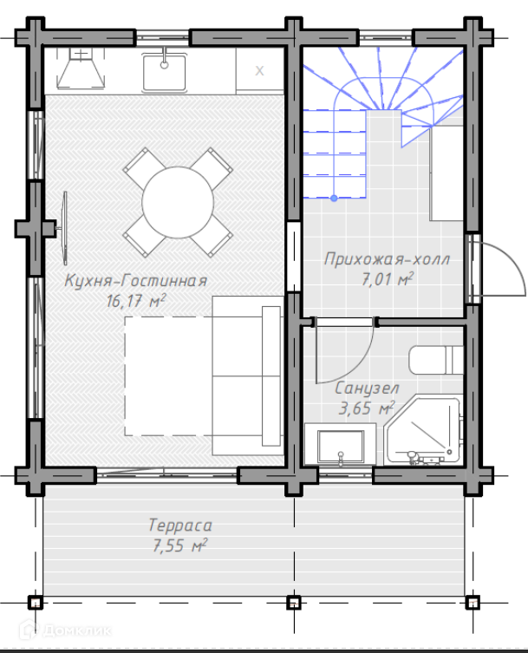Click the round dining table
click(178, 202)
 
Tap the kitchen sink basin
click(164, 73)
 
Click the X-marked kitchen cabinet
click(260, 71)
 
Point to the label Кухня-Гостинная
click(136, 281)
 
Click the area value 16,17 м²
click(136, 300)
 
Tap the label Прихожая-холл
click(388, 259)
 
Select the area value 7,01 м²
click(388, 279)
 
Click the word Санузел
click(368, 389)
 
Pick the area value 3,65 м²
click(367, 408)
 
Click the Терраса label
click(180, 526)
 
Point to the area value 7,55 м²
click(180, 545)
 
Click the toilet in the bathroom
click(436, 360)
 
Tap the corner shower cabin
click(423, 430)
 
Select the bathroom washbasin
click(340, 444)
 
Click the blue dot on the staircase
click(334, 199)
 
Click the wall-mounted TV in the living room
click(64, 228)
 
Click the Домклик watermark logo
click(65, 630)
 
